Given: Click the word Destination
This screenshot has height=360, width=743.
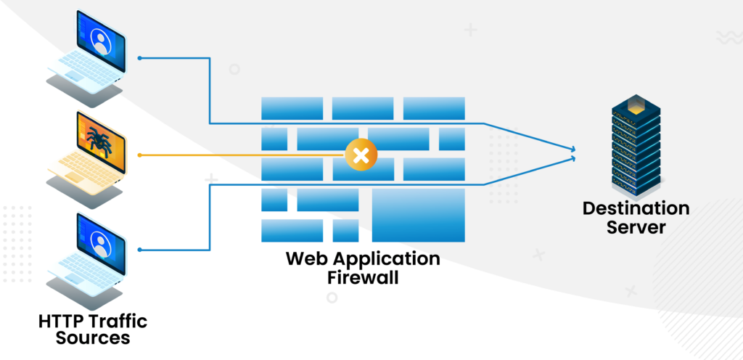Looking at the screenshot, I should pos(636,209).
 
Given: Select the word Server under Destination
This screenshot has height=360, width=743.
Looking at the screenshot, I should pos(636,228).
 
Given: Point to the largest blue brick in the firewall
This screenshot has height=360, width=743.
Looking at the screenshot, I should pos(419,215).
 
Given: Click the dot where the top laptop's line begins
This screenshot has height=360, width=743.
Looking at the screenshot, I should pos(139,57).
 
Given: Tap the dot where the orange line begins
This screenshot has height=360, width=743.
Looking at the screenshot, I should pos(139,155).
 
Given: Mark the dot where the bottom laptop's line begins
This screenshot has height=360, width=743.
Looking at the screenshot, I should pos(139,250).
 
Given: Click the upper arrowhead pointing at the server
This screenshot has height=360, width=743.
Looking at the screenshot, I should pos(575,150).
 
